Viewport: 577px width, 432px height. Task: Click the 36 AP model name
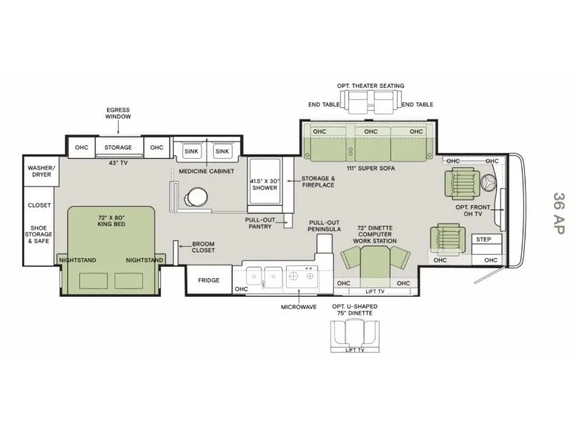[x=558, y=212]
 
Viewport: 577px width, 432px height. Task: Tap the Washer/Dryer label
[x=41, y=171]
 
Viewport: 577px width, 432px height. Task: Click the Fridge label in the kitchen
[x=209, y=280]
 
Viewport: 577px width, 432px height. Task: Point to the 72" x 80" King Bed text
[x=112, y=220]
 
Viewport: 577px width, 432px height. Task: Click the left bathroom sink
[x=192, y=151]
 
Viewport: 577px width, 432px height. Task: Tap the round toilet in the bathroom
[x=196, y=197]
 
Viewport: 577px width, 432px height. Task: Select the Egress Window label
[x=118, y=113]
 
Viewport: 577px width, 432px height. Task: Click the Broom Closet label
[x=203, y=247]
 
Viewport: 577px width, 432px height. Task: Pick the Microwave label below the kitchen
[x=299, y=307]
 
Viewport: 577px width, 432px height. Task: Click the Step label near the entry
[x=483, y=239]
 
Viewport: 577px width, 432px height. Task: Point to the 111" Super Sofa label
[x=370, y=168]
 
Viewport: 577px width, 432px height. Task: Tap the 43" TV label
[x=118, y=162]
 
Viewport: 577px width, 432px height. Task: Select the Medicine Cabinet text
[x=207, y=171]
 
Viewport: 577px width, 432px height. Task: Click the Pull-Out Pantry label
[x=260, y=223]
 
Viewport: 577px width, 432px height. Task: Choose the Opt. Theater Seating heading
[x=370, y=86]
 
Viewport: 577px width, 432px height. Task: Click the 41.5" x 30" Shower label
[x=265, y=185]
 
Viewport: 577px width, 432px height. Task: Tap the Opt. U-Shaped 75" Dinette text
[x=355, y=310]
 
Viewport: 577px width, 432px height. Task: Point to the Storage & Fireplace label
[x=318, y=182]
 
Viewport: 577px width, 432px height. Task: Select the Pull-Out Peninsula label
[x=324, y=225]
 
